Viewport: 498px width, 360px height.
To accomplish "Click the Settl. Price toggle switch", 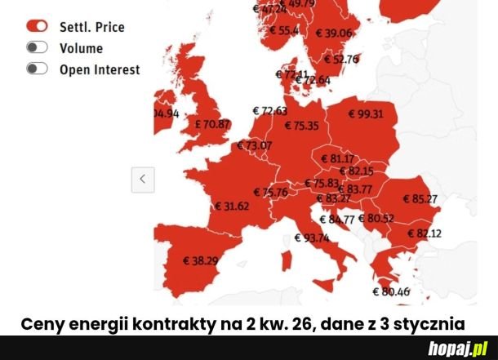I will [x=37, y=27].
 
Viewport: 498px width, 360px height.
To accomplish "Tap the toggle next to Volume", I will [x=37, y=48].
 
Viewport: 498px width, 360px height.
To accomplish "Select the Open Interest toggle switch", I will [x=37, y=69].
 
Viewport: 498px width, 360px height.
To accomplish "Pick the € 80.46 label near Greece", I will [x=391, y=291].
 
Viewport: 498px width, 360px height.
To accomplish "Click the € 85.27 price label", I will [x=420, y=198].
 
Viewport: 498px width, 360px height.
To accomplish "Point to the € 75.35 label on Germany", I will [x=301, y=126].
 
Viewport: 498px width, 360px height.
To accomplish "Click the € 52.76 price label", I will [x=341, y=59].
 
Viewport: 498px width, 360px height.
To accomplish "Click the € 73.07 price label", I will [x=254, y=145].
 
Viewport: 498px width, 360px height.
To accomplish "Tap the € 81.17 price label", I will [x=337, y=158].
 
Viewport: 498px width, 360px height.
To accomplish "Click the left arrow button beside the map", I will [x=143, y=179].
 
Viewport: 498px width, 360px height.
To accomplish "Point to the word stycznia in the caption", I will [x=431, y=322].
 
